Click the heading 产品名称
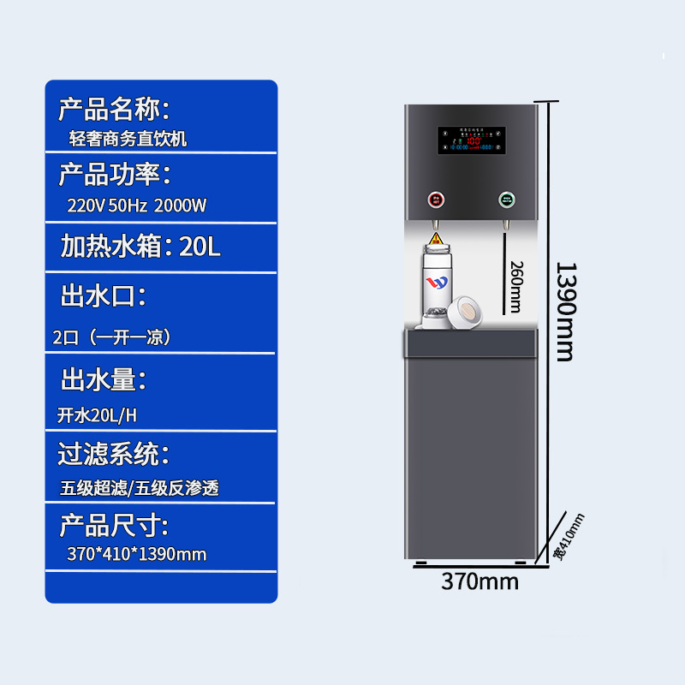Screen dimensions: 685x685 113,109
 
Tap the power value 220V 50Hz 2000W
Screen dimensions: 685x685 137,205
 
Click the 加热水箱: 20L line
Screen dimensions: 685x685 140,247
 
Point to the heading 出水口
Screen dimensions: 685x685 103,297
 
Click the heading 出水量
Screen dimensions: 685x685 103,378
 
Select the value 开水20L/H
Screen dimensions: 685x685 97,416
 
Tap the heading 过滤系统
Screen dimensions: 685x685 114,454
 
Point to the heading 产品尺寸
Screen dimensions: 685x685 114,525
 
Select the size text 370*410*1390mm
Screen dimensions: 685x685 137,554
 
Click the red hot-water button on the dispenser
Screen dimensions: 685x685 435,201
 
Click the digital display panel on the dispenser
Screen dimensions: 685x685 471,141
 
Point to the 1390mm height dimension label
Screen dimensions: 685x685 565,312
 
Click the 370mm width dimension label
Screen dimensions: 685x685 479,581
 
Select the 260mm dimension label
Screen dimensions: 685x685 515,286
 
